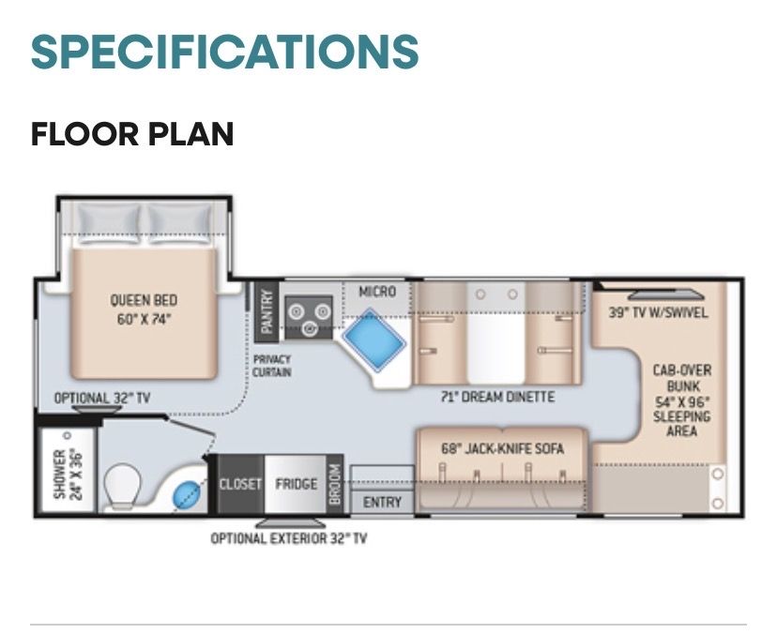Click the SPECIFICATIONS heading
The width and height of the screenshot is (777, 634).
pos(224,52)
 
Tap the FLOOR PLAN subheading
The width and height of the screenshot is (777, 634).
pos(131,134)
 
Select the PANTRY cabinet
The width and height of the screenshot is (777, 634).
pos(267,312)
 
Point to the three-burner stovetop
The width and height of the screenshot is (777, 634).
pos(308,317)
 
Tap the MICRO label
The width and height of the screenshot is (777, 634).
pos(377,292)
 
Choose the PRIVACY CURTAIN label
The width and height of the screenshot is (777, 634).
pos(271,366)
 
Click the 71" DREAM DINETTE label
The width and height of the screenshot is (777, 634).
pos(498,397)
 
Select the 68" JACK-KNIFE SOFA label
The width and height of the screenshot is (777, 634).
pos(502,448)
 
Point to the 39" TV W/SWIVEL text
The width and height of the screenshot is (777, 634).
pos(658,313)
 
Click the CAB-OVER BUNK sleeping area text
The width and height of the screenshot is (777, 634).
pos(682,400)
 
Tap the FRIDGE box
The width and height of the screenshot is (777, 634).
pos(296,483)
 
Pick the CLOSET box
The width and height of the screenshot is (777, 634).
pos(240,483)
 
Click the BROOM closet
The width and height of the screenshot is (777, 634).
pos(335,484)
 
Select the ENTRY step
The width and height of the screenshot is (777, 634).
pos(382,503)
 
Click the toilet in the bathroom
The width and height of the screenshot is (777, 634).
pos(122,487)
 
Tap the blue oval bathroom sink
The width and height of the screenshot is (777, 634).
pos(187,495)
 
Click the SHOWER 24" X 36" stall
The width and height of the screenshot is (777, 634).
pos(68,470)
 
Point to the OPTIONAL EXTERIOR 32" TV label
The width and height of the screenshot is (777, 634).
pos(289,538)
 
